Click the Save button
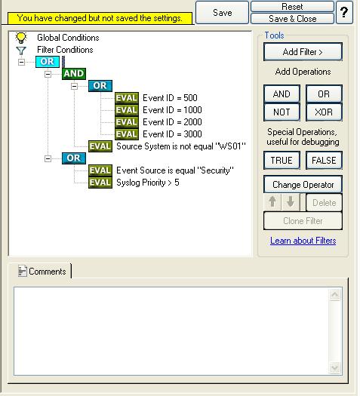tap(222, 12)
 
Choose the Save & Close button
tap(292, 19)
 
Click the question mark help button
tap(344, 12)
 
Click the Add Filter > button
tap(303, 52)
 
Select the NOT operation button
tap(282, 112)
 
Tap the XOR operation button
tap(324, 112)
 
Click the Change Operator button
tap(303, 185)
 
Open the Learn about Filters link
tap(303, 241)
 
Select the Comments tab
tap(42, 272)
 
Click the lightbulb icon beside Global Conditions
tap(21, 38)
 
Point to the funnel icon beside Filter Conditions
tap(21, 51)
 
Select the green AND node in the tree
tap(74, 74)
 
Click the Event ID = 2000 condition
tap(172, 122)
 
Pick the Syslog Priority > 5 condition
tap(148, 183)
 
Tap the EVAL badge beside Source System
tap(100, 146)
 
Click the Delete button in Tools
tap(324, 203)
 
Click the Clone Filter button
tap(303, 221)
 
